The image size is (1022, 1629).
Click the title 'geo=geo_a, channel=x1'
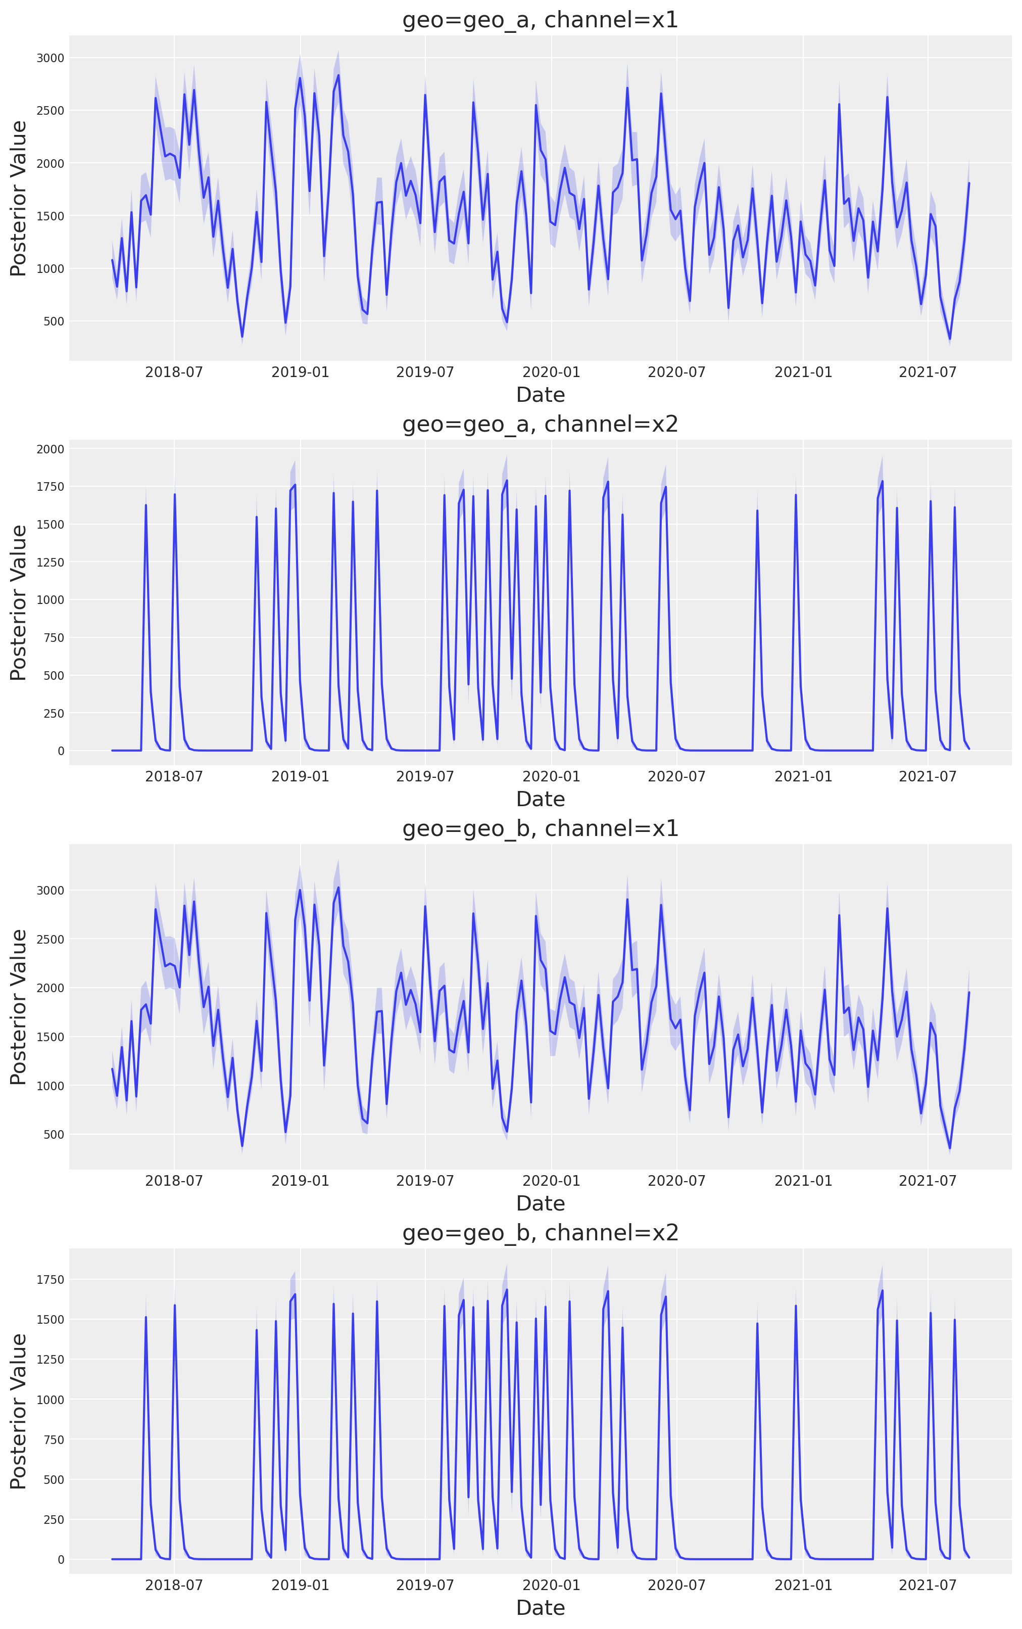coord(540,20)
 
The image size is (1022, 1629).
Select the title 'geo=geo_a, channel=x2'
coord(540,424)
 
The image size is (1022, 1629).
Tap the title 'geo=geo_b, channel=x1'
coord(540,828)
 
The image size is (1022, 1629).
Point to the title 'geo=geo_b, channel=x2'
coord(540,1233)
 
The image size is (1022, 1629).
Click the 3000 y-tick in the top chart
coord(51,58)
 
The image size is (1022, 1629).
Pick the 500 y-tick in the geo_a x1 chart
coord(54,321)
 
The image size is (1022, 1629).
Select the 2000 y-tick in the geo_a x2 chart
coord(51,449)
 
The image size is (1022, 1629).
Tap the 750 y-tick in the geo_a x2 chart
coord(54,638)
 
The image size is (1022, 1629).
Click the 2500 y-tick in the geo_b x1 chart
coord(51,939)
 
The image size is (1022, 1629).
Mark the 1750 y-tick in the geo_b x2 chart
coord(51,1279)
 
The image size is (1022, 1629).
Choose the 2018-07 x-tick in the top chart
coord(174,372)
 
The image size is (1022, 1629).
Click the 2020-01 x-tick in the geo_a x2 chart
coord(552,776)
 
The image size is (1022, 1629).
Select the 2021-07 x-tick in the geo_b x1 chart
coord(928,1181)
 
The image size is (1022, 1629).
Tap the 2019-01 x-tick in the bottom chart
coord(300,1585)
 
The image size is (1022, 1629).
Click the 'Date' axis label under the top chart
coord(540,395)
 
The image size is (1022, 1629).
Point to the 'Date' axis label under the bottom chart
coord(540,1608)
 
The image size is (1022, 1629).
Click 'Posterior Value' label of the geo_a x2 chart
coord(19,602)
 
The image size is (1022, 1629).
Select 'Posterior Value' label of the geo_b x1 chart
coord(19,1007)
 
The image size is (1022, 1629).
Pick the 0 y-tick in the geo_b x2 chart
coord(61,1559)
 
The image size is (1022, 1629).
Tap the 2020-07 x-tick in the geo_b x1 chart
coord(676,1181)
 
